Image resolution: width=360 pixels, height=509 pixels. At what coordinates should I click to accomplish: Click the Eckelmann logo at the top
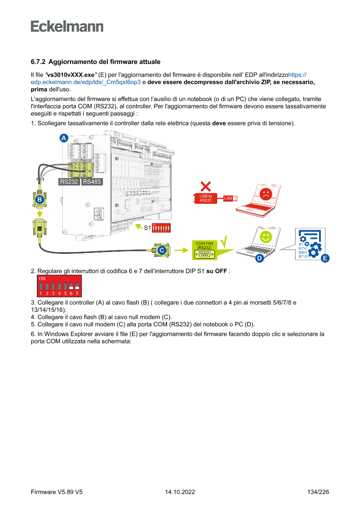[x=67, y=26]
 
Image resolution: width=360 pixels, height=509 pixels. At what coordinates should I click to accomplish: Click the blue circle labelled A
[x=64, y=138]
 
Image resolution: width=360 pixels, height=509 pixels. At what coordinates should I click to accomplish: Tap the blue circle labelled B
[x=40, y=200]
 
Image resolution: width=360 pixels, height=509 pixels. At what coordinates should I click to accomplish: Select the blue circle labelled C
[x=161, y=250]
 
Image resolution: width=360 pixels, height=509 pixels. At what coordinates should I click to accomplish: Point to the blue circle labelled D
[x=259, y=258]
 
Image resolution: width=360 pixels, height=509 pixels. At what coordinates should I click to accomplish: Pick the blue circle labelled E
[x=325, y=258]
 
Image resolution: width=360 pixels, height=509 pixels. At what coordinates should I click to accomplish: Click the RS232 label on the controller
[x=69, y=182]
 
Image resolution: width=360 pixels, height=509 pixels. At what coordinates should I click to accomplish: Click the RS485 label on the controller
[x=92, y=182]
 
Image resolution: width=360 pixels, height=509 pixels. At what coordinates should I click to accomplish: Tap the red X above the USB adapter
[x=206, y=186]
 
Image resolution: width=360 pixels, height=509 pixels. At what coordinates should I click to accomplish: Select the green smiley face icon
[x=265, y=237]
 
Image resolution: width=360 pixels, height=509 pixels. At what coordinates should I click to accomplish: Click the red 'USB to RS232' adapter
[x=206, y=198]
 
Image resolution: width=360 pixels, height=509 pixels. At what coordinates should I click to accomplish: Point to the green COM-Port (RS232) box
[x=204, y=249]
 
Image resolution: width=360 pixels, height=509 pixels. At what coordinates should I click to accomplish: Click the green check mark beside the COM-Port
[x=224, y=240]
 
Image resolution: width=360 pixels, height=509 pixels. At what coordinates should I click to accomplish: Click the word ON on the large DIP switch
[x=42, y=278]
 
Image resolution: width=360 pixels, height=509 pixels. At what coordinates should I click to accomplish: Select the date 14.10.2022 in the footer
[x=180, y=492]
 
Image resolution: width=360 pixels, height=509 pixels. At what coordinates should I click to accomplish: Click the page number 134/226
[x=318, y=492]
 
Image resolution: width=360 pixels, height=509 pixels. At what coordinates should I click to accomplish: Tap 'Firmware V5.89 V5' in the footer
[x=57, y=492]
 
